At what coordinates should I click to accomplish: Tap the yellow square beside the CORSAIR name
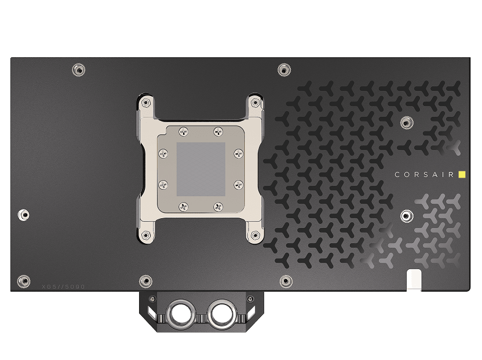click(x=462, y=174)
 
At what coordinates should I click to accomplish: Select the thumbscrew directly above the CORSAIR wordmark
click(x=406, y=122)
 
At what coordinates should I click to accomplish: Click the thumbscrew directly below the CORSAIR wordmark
click(x=406, y=216)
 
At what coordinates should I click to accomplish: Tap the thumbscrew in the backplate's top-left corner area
click(x=77, y=69)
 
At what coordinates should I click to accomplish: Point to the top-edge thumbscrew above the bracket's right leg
click(x=283, y=69)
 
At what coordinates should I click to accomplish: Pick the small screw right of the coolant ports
click(x=250, y=299)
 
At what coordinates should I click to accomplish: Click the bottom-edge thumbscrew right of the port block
click(x=285, y=281)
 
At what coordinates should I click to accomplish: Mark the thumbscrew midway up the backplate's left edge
click(x=23, y=214)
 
